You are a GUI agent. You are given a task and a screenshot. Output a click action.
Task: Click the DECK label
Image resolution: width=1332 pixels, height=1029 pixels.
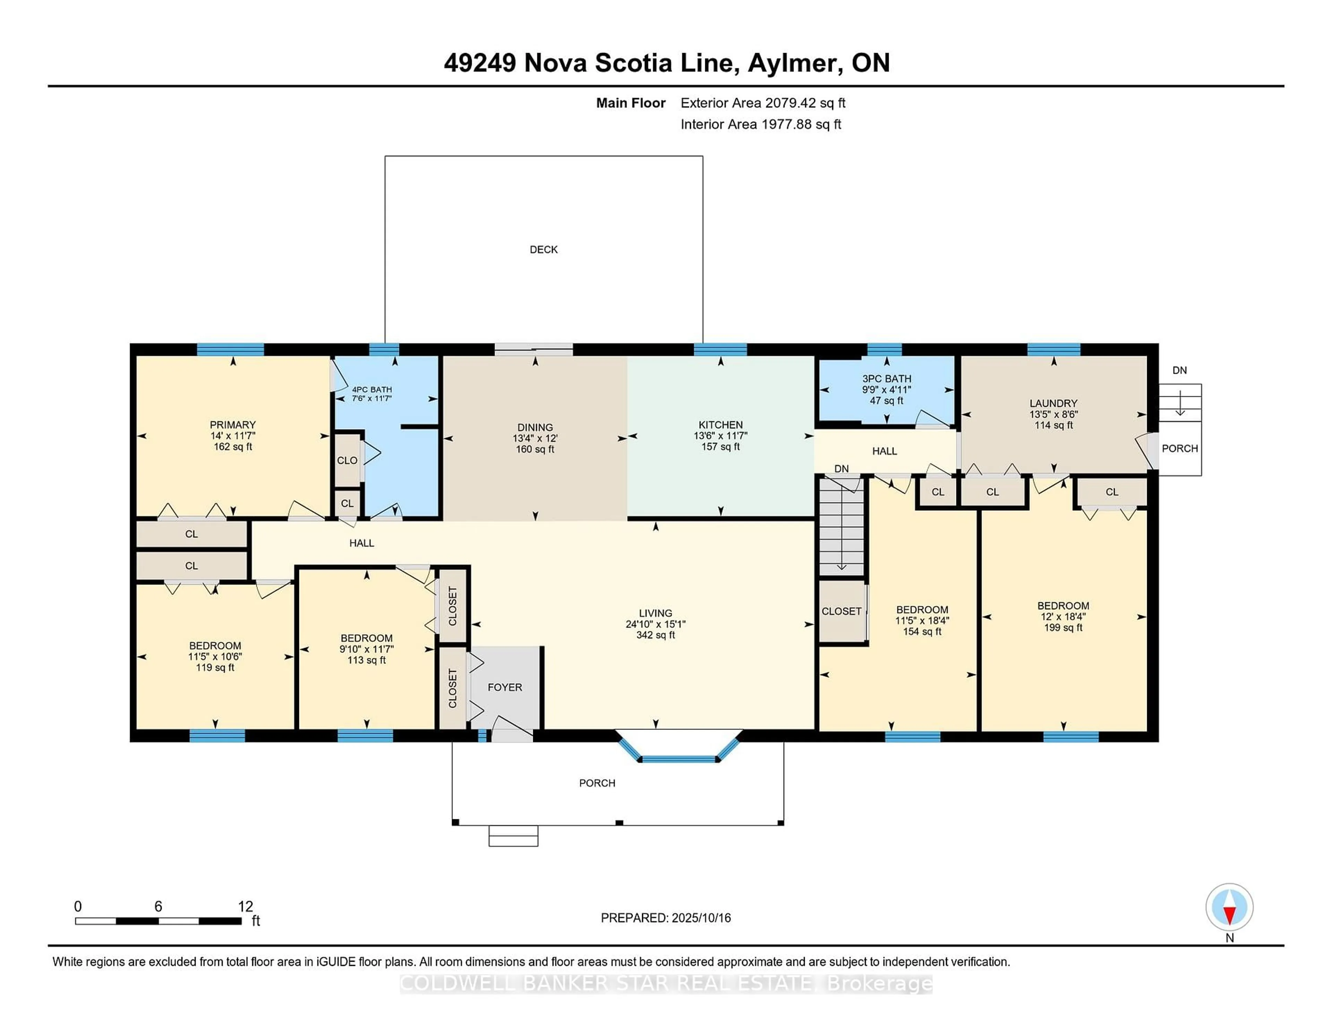[544, 249]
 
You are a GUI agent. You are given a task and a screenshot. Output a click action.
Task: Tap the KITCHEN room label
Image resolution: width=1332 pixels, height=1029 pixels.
[720, 425]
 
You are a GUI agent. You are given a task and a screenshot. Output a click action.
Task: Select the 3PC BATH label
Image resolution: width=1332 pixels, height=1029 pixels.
[886, 379]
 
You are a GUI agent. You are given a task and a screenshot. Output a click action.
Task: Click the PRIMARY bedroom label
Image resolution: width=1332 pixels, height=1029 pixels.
[232, 425]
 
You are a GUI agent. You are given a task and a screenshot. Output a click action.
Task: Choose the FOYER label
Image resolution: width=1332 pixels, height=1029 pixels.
[504, 687]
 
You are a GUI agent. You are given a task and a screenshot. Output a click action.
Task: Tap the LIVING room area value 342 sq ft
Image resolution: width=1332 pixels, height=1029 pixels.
[656, 634]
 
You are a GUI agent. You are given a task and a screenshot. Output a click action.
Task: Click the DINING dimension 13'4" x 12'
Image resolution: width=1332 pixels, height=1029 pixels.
[535, 438]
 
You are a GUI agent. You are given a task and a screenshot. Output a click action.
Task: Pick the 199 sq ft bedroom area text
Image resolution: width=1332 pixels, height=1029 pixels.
[1063, 627]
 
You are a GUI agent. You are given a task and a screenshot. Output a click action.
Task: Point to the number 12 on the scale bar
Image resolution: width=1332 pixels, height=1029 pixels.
[245, 907]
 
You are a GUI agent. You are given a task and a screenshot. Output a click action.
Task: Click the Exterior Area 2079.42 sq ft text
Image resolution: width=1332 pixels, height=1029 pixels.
[763, 103]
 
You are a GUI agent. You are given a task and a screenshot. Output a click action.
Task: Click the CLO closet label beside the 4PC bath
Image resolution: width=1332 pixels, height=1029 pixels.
[347, 460]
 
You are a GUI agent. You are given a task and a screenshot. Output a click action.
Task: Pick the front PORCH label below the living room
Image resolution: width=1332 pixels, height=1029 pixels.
[597, 783]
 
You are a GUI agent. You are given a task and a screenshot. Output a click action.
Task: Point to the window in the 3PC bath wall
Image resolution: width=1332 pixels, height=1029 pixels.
[884, 349]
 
